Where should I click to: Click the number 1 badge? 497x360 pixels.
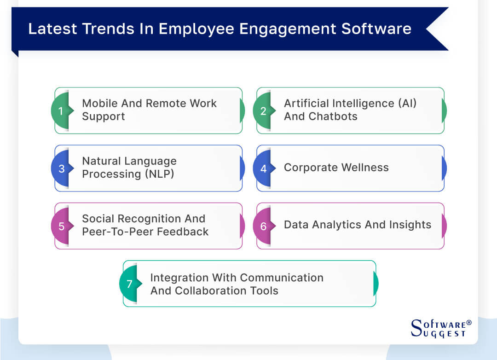[60, 110]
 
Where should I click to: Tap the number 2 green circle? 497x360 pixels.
[263, 110]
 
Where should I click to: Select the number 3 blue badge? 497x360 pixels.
[61, 168]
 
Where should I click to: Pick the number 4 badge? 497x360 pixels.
[263, 168]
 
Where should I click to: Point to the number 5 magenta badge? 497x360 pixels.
[61, 226]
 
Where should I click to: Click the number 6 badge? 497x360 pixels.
[263, 226]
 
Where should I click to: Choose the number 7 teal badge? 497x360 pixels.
[129, 284]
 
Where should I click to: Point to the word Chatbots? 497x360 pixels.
[334, 116]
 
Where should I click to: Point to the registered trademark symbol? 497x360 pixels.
[469, 323]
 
